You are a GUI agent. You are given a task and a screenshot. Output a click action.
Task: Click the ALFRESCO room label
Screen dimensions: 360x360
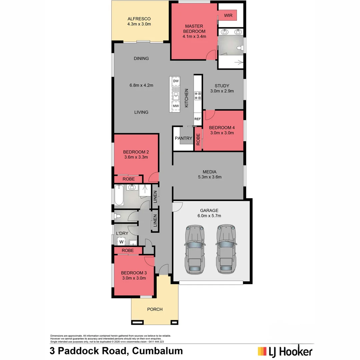(x=139, y=19)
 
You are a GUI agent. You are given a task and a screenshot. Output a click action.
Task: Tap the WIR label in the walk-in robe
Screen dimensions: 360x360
(x=228, y=15)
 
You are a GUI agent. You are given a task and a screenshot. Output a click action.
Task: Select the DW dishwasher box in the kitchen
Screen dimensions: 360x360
(x=176, y=81)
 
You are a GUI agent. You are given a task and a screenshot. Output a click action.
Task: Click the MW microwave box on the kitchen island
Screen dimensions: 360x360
(x=176, y=106)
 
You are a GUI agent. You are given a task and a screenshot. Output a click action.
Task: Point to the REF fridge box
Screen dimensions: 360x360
(x=198, y=119)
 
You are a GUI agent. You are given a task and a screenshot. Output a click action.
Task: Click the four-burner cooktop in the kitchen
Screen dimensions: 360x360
(x=198, y=96)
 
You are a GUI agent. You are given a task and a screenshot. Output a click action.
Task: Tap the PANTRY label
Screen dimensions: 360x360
(x=183, y=138)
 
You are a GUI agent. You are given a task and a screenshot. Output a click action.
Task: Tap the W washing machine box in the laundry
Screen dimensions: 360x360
(x=121, y=242)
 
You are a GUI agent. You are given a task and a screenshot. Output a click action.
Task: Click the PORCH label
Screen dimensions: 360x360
(x=155, y=309)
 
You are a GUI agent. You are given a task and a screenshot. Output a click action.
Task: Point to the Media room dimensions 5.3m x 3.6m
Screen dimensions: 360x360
(x=209, y=177)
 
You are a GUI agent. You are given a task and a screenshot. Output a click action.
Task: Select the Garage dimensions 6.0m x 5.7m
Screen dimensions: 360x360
(x=209, y=216)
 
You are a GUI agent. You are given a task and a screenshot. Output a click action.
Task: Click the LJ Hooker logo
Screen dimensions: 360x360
(x=285, y=351)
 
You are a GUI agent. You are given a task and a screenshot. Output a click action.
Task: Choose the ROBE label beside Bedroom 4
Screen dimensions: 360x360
(x=198, y=139)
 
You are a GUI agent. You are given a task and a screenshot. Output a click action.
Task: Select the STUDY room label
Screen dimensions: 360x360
(x=222, y=86)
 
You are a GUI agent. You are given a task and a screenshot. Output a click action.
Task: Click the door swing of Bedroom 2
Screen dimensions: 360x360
(x=154, y=177)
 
